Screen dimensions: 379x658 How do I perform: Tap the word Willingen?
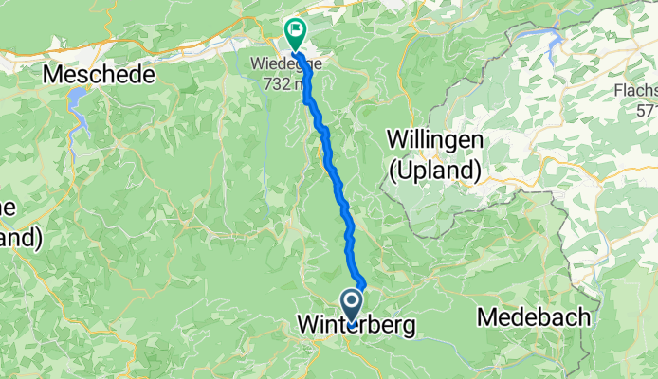[x=435, y=139]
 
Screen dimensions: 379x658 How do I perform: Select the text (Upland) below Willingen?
[x=435, y=170]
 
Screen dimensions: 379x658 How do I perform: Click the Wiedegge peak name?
[x=285, y=63]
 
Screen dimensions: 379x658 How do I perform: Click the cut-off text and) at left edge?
[x=19, y=237]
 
